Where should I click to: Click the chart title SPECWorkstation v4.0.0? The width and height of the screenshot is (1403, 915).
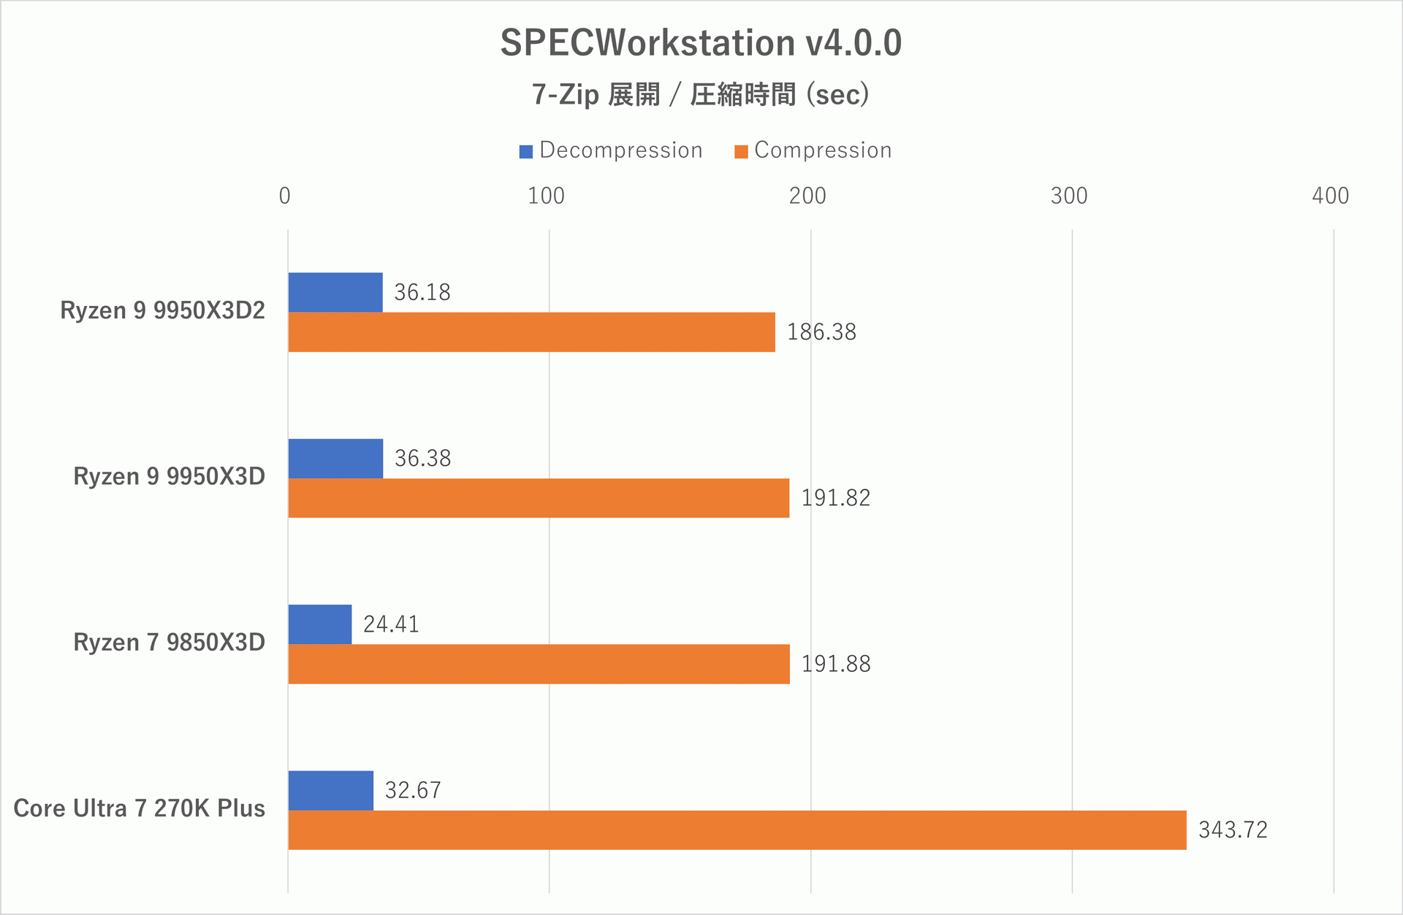tap(701, 43)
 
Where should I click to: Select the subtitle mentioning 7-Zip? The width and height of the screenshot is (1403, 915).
tap(701, 95)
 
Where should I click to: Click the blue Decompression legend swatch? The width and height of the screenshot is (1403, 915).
tap(526, 152)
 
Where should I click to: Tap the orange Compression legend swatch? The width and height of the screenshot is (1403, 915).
tap(741, 152)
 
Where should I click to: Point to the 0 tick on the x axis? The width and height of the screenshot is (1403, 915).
tap(285, 196)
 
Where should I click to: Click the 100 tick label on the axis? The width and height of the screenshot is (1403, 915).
tap(547, 196)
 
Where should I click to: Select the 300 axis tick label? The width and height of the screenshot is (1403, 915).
tap(1069, 196)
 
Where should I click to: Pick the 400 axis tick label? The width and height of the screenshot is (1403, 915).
tap(1330, 196)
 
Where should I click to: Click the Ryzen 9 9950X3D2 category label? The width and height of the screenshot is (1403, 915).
tap(162, 310)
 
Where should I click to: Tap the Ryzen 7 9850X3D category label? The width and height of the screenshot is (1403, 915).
tap(169, 643)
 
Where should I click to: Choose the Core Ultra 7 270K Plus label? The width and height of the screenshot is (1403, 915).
tap(139, 808)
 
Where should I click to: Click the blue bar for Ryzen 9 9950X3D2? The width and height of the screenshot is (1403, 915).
tap(335, 292)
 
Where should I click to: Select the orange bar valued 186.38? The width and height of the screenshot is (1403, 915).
tap(531, 332)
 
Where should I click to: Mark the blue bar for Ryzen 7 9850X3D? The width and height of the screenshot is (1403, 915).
tap(320, 624)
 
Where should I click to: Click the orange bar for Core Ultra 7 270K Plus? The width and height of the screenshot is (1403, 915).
tap(737, 830)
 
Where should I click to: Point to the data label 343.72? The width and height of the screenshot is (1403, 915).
tap(1233, 830)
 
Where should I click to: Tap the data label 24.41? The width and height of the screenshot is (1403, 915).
tap(391, 624)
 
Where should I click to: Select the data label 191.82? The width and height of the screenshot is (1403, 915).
tap(836, 498)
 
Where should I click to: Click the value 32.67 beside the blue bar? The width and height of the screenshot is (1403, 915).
tap(413, 790)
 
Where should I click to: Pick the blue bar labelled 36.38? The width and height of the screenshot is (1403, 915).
tap(335, 459)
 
